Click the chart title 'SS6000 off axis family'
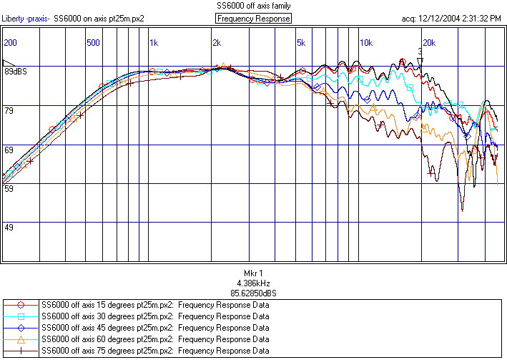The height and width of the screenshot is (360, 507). (x=253, y=5)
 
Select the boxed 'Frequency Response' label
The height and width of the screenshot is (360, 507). (x=253, y=18)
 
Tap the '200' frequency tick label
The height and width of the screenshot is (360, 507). (x=10, y=43)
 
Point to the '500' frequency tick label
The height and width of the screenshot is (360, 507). (x=92, y=43)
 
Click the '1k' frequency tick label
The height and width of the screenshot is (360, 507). (x=154, y=43)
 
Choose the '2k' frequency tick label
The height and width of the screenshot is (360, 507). (x=217, y=43)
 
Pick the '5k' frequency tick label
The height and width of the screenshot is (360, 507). (x=300, y=43)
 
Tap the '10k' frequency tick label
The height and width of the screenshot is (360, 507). (x=365, y=43)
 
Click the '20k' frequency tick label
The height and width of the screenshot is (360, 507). (x=428, y=43)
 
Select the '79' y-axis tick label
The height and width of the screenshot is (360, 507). (x=9, y=110)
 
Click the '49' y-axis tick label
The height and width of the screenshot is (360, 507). (x=9, y=228)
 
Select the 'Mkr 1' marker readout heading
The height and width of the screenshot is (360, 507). (x=253, y=273)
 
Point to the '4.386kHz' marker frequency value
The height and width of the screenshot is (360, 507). (x=253, y=283)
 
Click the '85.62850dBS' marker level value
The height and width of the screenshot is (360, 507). (x=253, y=293)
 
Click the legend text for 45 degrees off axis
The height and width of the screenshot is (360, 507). (x=155, y=328)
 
